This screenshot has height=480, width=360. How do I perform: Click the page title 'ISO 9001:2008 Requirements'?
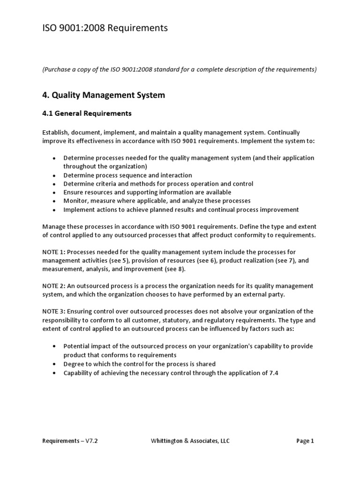pos(105,29)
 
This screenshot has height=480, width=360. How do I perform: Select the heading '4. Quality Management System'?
pos(103,95)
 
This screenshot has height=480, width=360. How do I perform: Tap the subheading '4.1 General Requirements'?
pos(87,113)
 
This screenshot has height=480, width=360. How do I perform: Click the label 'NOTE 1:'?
pos(54,252)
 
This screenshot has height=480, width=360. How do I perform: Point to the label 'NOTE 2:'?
pos(54,286)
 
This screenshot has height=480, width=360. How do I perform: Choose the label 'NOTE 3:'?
pos(54,312)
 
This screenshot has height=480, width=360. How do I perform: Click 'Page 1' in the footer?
pos(305,441)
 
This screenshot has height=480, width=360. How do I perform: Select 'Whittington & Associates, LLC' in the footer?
pos(190,441)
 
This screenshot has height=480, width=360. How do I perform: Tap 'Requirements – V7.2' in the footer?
pos(70,441)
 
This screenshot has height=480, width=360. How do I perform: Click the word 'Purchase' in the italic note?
pos(58,69)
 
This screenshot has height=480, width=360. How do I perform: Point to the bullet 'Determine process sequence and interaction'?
pos(127,175)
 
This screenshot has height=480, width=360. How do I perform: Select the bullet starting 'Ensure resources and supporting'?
pos(147,192)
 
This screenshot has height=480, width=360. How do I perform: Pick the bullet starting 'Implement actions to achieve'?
pos(181,210)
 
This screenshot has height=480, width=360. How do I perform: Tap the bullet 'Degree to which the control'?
pos(139,364)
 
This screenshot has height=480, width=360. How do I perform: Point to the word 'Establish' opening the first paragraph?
pos(55,133)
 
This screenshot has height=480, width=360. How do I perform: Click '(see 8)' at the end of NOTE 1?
pos(175,269)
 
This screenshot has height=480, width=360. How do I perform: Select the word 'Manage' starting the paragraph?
pos(53,226)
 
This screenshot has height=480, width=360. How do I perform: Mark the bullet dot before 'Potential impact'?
pos(55,346)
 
